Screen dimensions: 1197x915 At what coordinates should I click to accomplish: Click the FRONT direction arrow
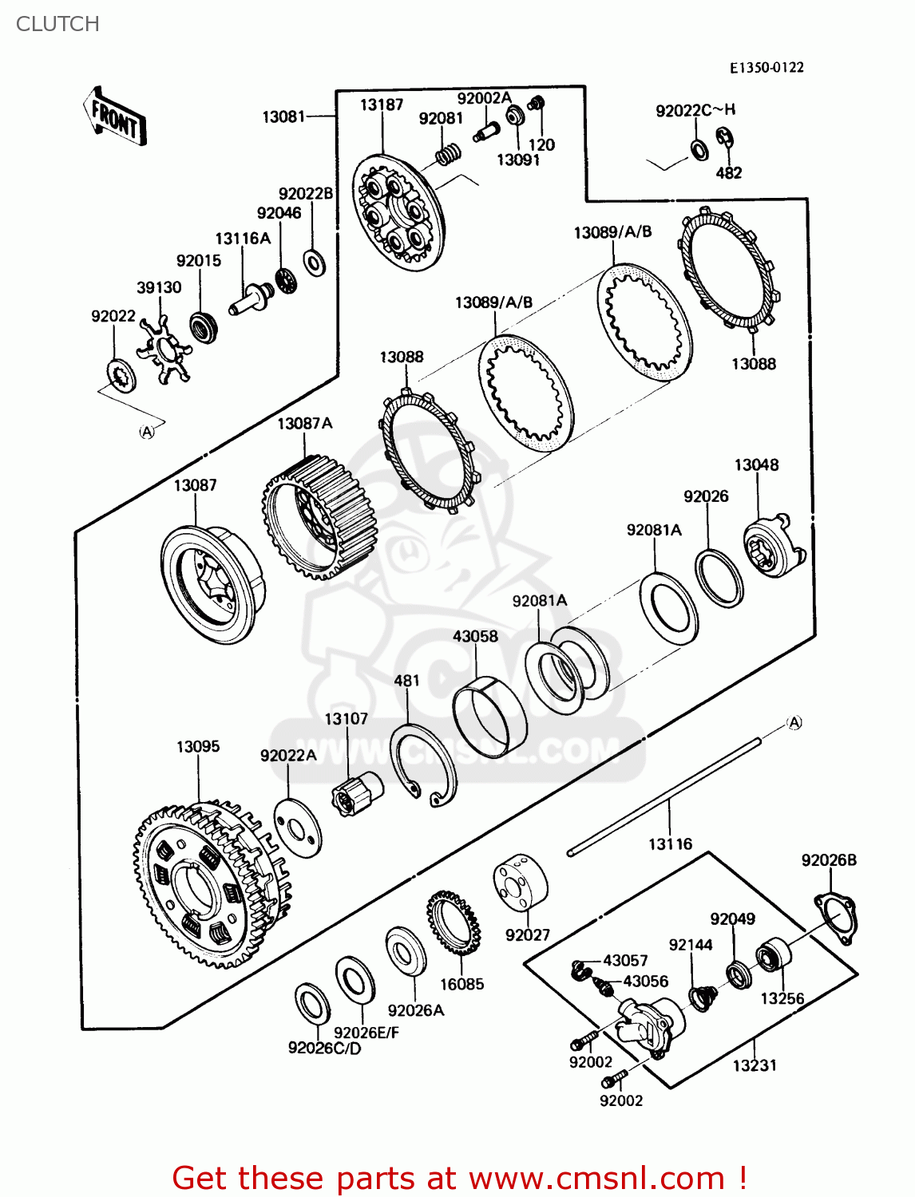point(115,117)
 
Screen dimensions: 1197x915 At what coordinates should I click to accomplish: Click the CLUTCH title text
point(57,24)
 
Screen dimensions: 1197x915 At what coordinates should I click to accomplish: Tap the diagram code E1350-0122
point(766,68)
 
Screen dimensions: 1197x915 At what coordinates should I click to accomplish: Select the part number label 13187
point(382,105)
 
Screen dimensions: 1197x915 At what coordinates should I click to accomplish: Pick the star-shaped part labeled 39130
point(164,348)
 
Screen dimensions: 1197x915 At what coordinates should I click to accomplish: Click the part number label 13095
point(198,747)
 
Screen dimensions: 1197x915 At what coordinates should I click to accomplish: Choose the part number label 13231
point(755,1065)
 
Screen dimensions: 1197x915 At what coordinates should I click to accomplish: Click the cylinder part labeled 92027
point(520,884)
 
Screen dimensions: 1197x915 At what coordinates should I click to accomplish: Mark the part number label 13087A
point(304,424)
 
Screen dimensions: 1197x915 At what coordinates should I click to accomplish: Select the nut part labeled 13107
point(357,793)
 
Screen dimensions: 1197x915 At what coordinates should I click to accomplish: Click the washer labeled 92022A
point(297,826)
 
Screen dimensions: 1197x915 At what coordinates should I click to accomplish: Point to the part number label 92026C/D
point(324,1049)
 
